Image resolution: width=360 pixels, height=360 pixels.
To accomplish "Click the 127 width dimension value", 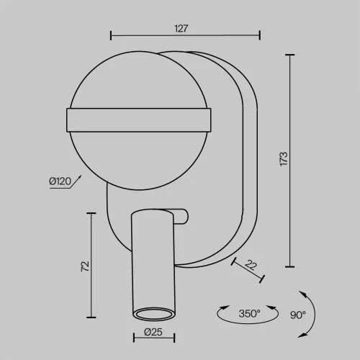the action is (x=181, y=29).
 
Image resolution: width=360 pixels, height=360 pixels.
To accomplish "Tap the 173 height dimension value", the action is (x=284, y=158).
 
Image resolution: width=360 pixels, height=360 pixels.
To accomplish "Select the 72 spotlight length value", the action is (x=85, y=266).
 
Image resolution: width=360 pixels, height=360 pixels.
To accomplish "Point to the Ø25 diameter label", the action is (x=153, y=332).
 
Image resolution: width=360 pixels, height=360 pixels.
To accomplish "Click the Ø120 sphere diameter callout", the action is (x=60, y=181).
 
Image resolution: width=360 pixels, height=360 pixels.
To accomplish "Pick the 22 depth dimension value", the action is (x=251, y=265).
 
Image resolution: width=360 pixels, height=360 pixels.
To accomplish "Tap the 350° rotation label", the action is (x=249, y=313).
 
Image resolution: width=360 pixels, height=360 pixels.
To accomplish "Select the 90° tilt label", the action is (x=298, y=315).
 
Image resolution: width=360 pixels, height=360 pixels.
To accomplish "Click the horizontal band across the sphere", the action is (x=139, y=120).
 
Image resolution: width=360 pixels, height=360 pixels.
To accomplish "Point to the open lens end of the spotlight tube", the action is (x=154, y=314).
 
